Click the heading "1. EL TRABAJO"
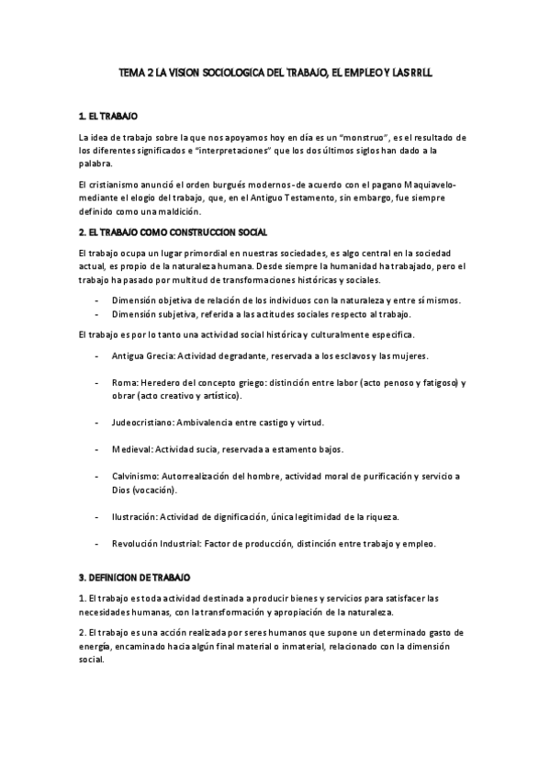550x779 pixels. click(x=108, y=118)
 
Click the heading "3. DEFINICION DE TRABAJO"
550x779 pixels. click(x=134, y=578)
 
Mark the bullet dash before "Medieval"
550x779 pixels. click(x=96, y=450)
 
